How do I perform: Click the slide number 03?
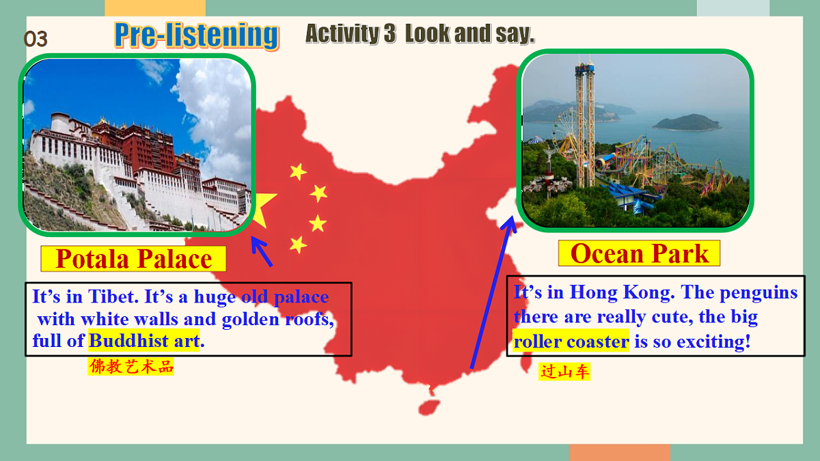pyautogui.click(x=36, y=40)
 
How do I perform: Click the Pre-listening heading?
pyautogui.click(x=197, y=36)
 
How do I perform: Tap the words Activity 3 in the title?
pyautogui.click(x=350, y=33)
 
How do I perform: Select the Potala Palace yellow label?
pyautogui.click(x=133, y=259)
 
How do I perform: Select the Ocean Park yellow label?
pyautogui.click(x=639, y=253)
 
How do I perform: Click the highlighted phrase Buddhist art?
pyautogui.click(x=144, y=340)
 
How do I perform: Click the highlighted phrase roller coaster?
pyautogui.click(x=571, y=341)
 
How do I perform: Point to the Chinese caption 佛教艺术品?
pyautogui.click(x=131, y=367)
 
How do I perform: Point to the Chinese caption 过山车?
pyautogui.click(x=564, y=372)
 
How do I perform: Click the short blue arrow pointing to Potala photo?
pyautogui.click(x=262, y=252)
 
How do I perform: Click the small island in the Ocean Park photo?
pyautogui.click(x=686, y=123)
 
